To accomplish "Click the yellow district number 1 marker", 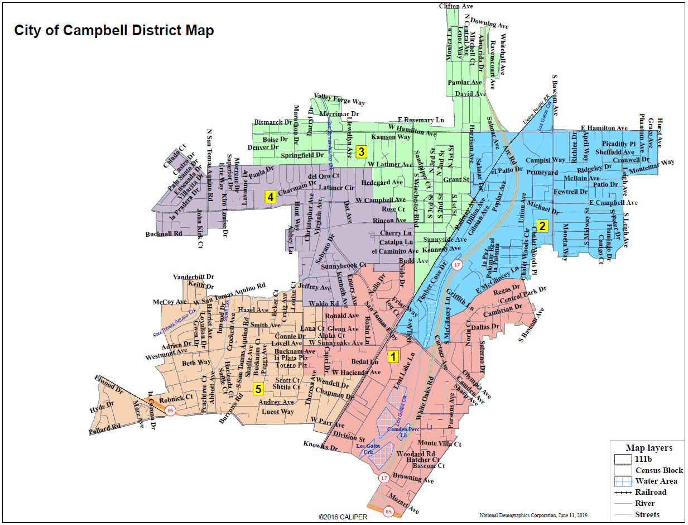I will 393,356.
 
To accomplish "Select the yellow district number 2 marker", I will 542,226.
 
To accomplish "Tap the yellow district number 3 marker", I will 361,151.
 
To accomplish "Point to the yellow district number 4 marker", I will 270,197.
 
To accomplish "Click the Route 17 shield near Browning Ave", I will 384,478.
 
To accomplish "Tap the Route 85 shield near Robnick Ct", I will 170,411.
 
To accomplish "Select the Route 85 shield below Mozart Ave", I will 389,511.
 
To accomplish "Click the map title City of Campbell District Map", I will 114,30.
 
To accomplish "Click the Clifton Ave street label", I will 456,6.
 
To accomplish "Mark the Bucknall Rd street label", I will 164,234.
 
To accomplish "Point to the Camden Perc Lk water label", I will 407,431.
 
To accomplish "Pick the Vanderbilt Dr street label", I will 194,276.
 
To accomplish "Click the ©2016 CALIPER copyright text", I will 343,517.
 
